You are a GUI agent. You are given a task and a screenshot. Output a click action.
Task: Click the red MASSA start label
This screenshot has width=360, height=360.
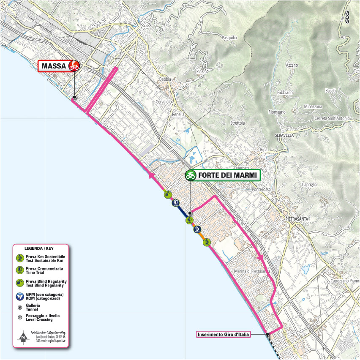point(54,66)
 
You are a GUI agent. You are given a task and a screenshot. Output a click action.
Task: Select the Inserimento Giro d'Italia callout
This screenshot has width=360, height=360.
point(224,335)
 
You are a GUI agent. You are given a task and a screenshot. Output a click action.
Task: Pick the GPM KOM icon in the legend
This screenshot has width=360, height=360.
point(19,296)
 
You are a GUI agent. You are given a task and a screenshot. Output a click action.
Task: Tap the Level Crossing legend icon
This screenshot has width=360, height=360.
point(19,317)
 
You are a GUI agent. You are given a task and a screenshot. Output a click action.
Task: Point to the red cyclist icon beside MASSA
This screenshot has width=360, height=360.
point(74,65)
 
